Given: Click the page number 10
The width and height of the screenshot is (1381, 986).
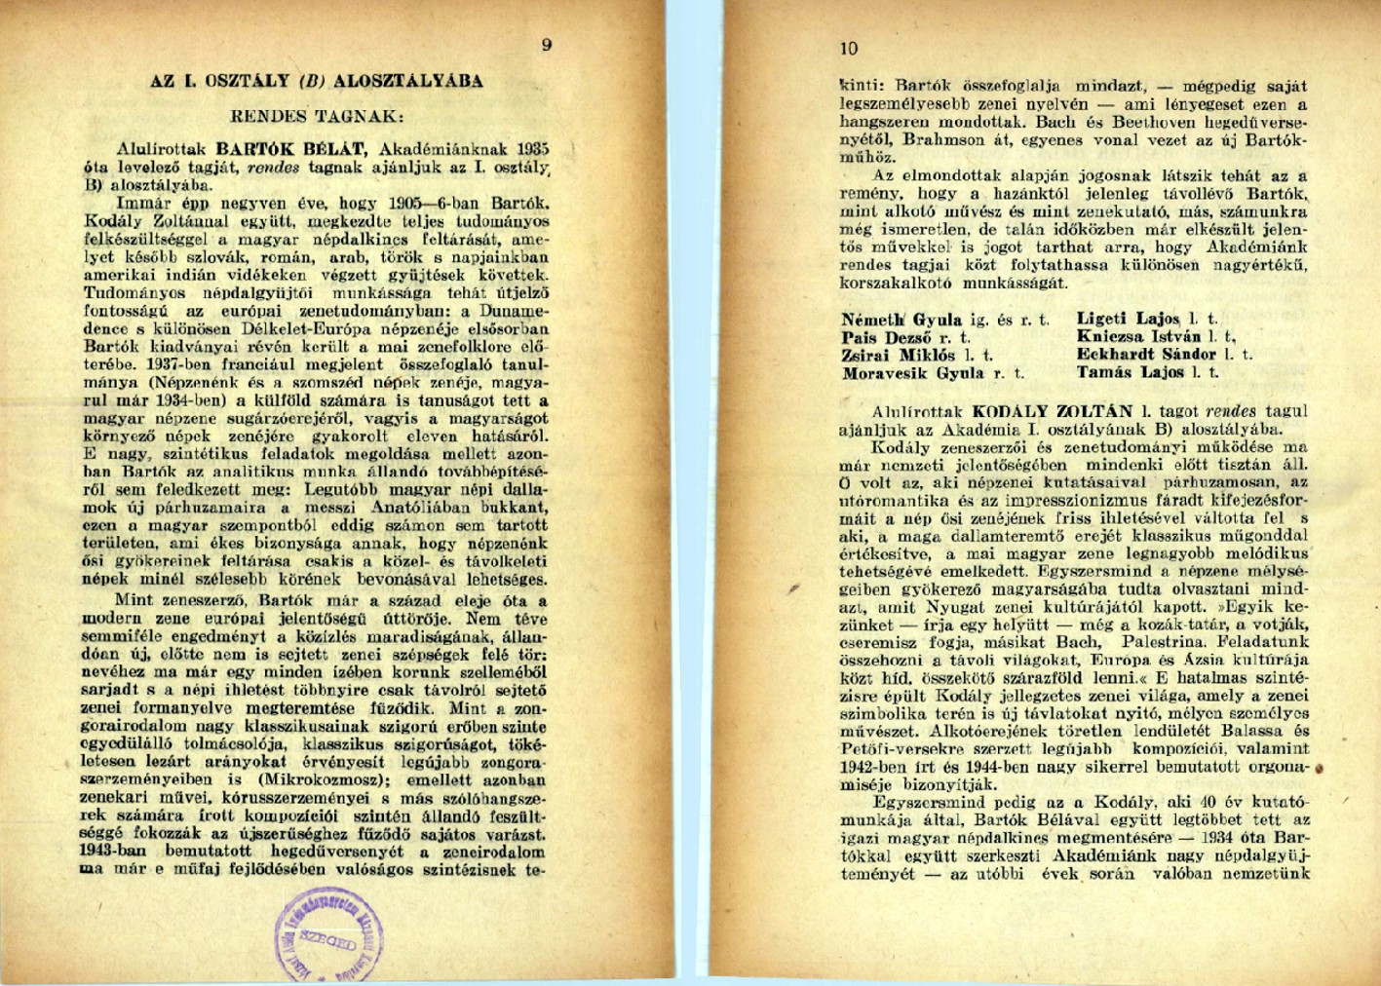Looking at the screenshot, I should click(849, 49).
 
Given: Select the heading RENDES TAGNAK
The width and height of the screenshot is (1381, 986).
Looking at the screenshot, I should click(317, 116).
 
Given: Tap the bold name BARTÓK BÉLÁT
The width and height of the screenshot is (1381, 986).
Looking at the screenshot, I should click(291, 149).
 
